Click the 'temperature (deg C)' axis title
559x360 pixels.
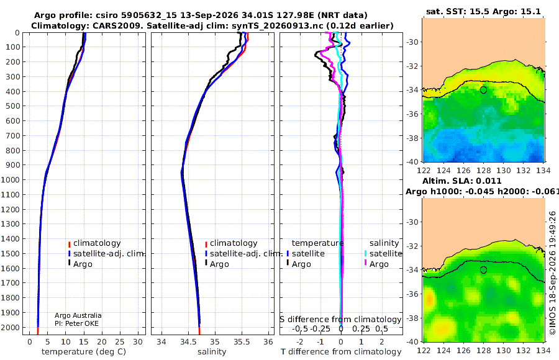point(84,352)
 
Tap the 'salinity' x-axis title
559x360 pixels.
point(212,352)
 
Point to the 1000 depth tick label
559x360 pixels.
point(11,179)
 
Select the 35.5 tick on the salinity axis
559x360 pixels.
point(242,342)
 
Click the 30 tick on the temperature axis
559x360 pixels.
point(138,342)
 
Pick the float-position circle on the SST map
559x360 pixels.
point(483,90)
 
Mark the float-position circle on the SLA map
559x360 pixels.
point(483,270)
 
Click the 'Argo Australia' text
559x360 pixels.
point(78,315)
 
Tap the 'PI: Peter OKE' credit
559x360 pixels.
point(76,323)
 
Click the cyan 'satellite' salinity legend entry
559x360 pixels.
point(384,253)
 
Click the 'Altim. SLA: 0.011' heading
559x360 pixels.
point(462,181)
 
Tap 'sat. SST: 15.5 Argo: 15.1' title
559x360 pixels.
point(483,11)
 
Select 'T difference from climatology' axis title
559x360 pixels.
point(341,352)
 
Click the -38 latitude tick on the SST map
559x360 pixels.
point(412,138)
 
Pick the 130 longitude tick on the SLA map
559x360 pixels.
point(503,350)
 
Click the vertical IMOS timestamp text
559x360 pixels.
point(553,273)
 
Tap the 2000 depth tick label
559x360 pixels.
point(11,327)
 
